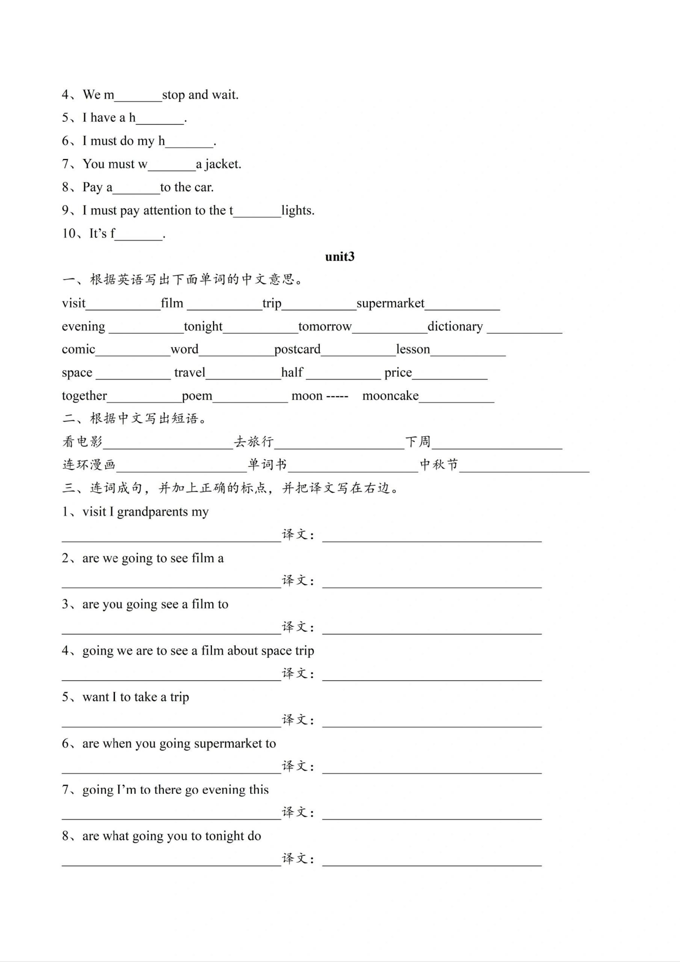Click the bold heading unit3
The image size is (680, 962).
tap(339, 256)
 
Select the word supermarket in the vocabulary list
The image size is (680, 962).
tap(390, 303)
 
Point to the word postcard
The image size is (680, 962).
tap(297, 349)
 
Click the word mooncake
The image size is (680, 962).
tap(390, 396)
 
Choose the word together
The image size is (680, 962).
tap(84, 396)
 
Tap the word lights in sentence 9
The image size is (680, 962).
tap(298, 210)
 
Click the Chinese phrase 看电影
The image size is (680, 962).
tap(83, 442)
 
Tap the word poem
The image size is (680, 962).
tap(197, 396)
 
